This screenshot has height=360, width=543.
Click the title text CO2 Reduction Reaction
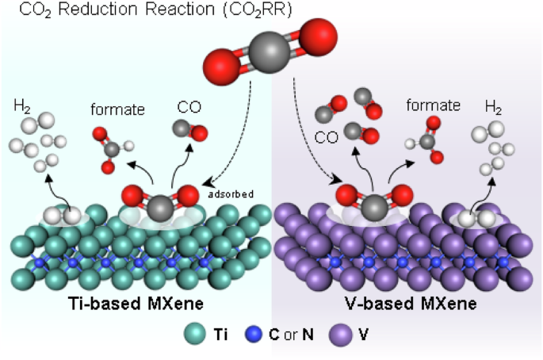click(128, 10)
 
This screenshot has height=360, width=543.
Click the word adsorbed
click(231, 193)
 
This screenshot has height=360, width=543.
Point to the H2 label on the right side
click(493, 107)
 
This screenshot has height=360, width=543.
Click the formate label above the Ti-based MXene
click(118, 109)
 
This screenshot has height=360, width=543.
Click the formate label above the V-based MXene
click(433, 105)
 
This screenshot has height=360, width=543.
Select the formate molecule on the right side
click(426, 140)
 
